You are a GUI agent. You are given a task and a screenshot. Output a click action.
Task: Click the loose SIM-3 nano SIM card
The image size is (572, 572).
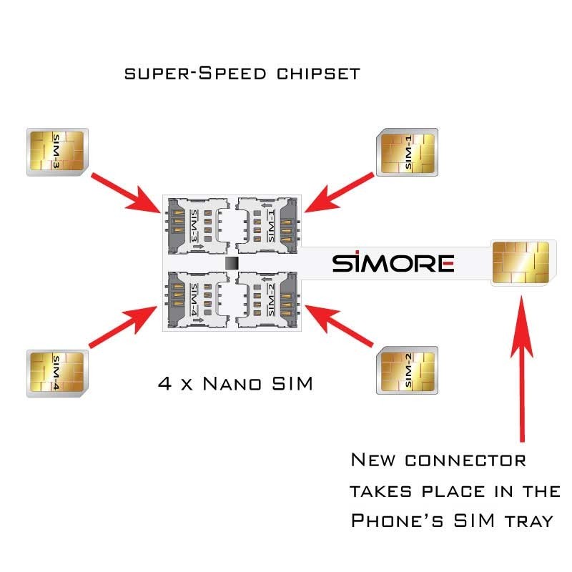pyautogui.click(x=56, y=152)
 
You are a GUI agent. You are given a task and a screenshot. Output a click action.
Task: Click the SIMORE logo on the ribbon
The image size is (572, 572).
pyautogui.click(x=393, y=263)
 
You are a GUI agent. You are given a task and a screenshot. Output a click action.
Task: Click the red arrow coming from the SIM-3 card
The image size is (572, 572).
pyautogui.click(x=129, y=189)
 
